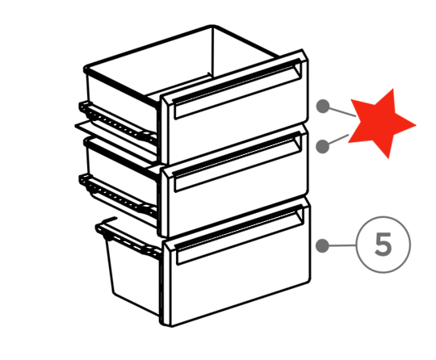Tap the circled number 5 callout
pos(384,245)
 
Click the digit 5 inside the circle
pos(384,244)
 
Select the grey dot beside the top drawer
pos(323,107)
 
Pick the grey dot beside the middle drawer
pos(323,146)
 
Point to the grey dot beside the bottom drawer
pos(322,245)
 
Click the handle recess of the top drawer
pos(237,89)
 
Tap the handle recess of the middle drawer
pos(237,161)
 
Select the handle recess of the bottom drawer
pos(240,234)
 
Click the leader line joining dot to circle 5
pos(342,245)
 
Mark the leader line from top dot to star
pos(342,111)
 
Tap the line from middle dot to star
pos(338,140)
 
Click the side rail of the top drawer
pos(118,122)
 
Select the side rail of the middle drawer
pos(118,195)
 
